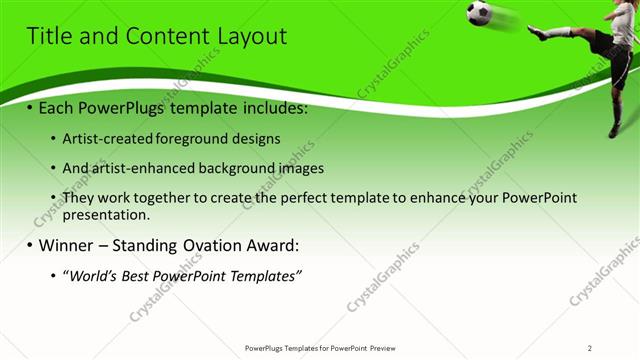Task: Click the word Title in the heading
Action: (x=46, y=37)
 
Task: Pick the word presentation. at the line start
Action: (x=106, y=215)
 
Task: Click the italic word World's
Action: (x=91, y=276)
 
